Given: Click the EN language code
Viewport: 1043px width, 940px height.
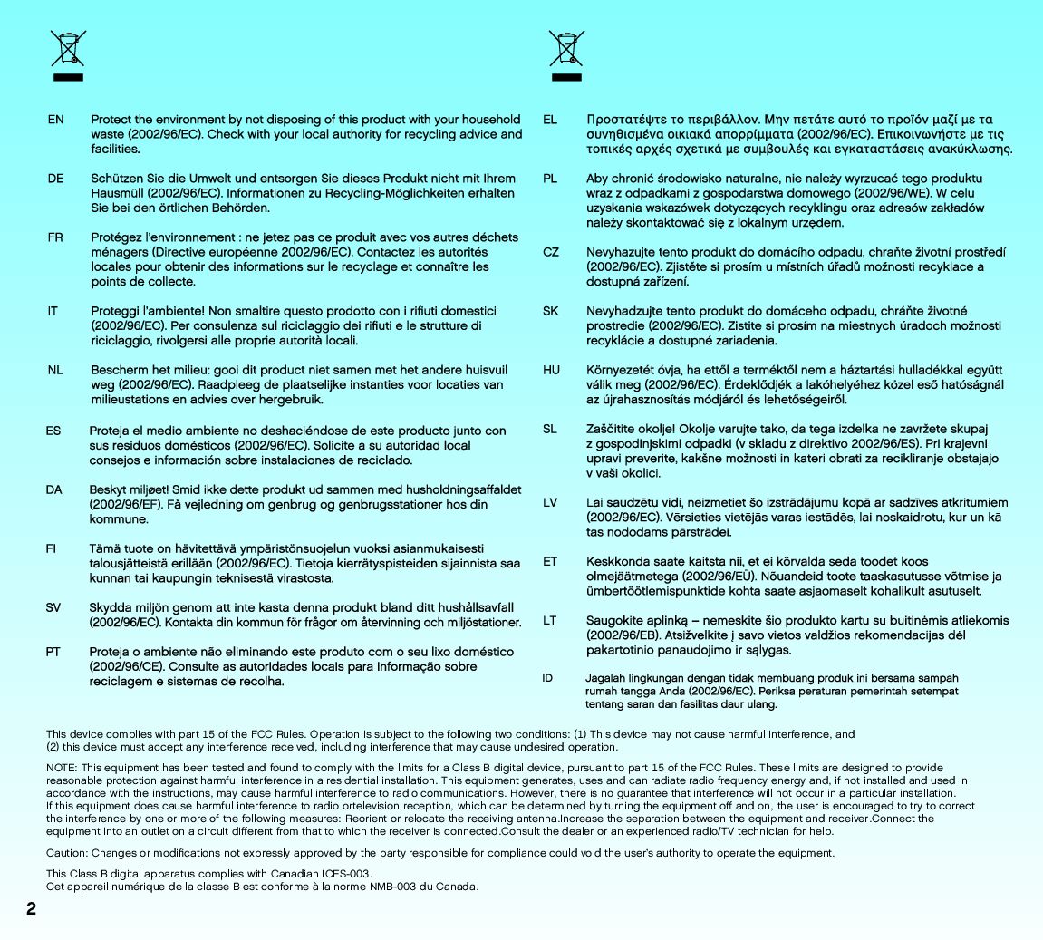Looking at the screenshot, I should [56, 120].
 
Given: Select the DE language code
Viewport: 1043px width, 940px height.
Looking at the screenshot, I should [56, 179].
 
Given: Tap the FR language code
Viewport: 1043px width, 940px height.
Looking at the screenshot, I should [56, 237].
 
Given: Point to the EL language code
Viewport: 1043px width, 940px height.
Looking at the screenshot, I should [550, 120].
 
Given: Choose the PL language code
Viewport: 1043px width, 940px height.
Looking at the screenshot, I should [550, 179].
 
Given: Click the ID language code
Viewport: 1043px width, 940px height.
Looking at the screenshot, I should [547, 678].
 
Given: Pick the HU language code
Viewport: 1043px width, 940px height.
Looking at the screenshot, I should [551, 370].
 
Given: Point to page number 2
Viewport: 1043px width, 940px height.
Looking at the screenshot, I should [32, 909].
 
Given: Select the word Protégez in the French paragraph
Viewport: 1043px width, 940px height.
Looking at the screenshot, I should [117, 237].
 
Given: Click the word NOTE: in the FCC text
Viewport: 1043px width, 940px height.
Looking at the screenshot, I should [62, 768].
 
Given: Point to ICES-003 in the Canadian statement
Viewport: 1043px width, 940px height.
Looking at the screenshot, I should [347, 874].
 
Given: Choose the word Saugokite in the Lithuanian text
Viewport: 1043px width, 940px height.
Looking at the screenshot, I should [614, 621].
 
